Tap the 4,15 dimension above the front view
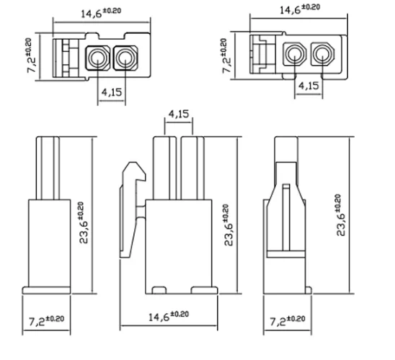pos(178,114)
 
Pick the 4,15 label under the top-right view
pos(309,86)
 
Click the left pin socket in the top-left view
pos(97,58)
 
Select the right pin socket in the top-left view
pos(123,58)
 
